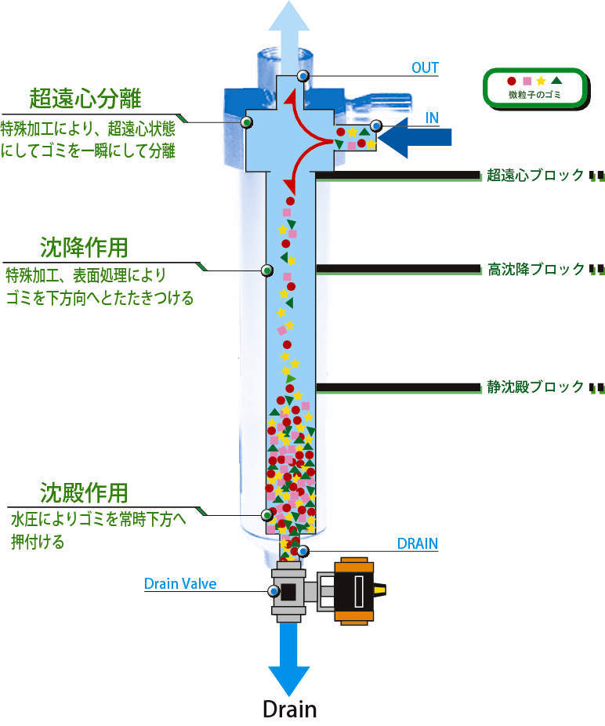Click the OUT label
425,67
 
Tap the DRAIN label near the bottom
417,543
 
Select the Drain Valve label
179,583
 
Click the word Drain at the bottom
289,709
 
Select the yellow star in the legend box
541,80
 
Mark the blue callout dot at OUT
302,75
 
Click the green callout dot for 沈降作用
266,270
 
